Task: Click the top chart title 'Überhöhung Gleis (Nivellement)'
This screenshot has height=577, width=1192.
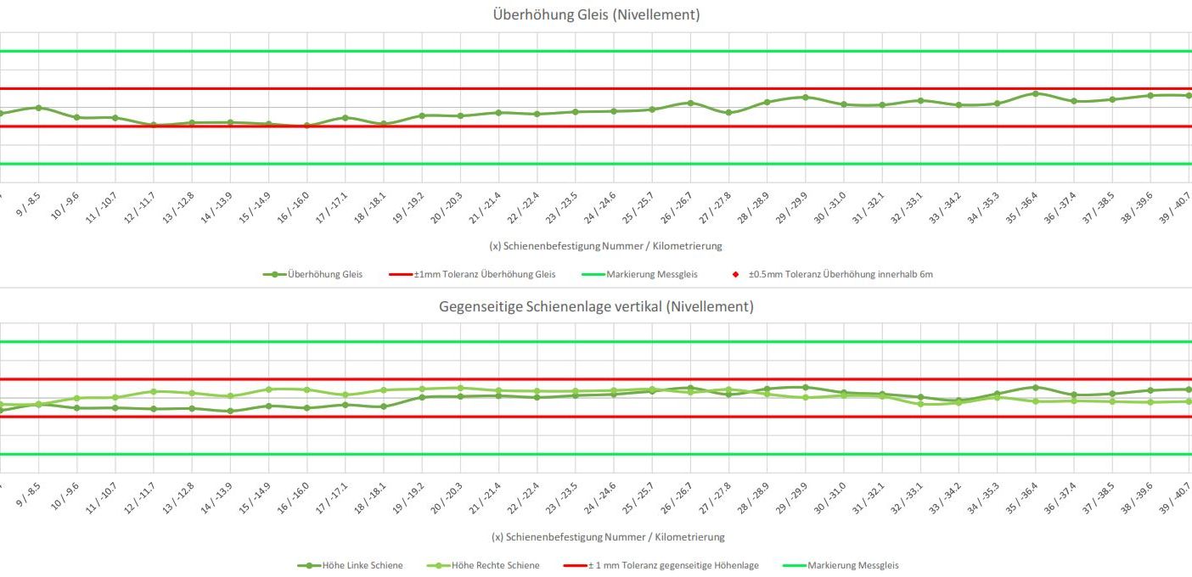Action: click(x=596, y=14)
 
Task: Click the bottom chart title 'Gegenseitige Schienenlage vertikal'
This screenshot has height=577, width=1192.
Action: click(x=596, y=306)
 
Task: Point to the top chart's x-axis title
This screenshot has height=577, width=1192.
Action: click(x=606, y=246)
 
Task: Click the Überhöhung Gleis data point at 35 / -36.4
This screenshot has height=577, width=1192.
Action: click(x=1035, y=93)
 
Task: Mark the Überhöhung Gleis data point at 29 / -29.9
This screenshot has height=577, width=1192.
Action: click(x=805, y=97)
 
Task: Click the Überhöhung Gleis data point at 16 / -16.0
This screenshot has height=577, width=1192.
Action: click(x=306, y=126)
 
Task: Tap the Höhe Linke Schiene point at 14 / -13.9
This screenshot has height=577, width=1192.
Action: click(x=230, y=412)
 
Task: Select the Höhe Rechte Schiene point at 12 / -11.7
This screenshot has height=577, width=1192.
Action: click(x=154, y=391)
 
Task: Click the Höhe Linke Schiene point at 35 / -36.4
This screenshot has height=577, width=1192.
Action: click(x=1035, y=387)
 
